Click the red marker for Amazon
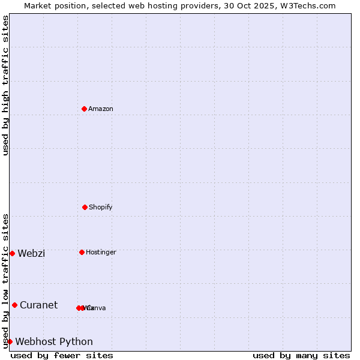click(85, 109)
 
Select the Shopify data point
click(85, 207)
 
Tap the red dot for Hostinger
click(82, 252)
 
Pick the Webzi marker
click(12, 253)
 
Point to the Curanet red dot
click(14, 305)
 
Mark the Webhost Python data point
click(10, 341)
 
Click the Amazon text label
click(101, 109)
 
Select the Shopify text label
click(101, 207)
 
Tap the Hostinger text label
click(101, 252)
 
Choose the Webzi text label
click(31, 253)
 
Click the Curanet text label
click(38, 305)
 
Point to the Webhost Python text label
click(54, 341)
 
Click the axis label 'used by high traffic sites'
click(5, 85)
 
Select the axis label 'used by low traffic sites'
click(5, 280)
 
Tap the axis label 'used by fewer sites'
click(62, 355)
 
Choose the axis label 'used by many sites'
click(301, 355)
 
